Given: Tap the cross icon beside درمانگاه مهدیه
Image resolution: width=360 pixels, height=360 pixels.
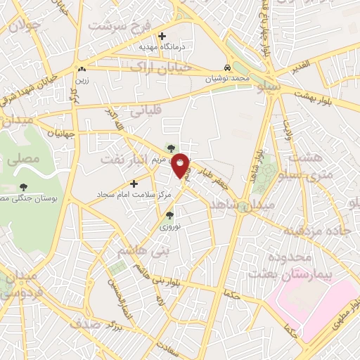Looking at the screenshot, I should point(162,36).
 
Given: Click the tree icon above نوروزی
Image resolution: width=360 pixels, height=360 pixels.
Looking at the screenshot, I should point(169,216).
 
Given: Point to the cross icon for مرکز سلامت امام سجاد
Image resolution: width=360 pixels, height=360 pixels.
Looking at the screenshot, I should point(134,184).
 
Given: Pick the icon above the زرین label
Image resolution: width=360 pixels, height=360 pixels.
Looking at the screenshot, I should point(82,69).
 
